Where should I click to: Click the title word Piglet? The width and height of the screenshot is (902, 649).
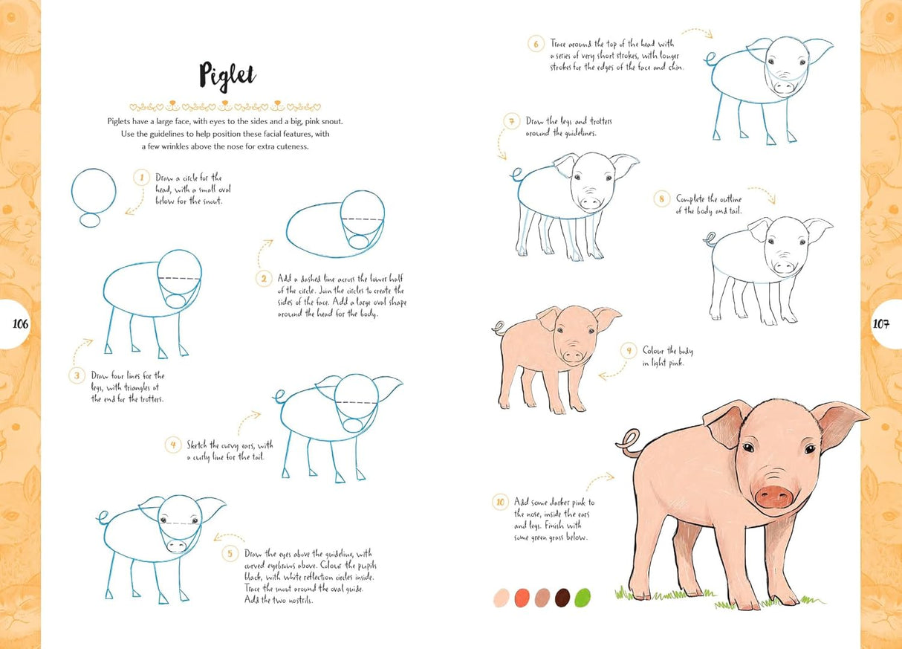227,74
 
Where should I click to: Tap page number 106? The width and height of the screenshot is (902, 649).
20,323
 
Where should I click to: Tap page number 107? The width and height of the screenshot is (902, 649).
881,323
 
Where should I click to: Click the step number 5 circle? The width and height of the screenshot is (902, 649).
230,553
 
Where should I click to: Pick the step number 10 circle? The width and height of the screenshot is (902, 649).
500,503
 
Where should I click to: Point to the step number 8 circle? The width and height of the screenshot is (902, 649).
661,198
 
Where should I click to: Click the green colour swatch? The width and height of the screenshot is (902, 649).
583,598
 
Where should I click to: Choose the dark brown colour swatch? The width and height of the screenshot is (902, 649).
562,598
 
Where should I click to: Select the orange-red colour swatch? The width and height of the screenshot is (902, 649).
522,598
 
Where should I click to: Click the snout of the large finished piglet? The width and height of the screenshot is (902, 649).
773,495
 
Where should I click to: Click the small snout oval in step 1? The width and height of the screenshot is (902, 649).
91,220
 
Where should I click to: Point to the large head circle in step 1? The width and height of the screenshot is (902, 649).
94,190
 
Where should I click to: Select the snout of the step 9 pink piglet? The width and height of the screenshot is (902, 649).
572,357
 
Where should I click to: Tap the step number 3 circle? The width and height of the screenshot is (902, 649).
77,375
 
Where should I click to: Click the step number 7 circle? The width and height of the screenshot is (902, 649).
510,121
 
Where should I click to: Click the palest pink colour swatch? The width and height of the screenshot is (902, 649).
502,598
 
